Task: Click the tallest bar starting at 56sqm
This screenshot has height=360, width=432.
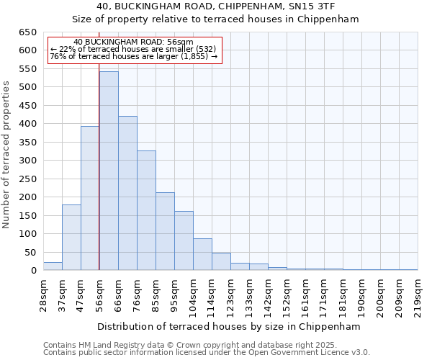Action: (x=109, y=171)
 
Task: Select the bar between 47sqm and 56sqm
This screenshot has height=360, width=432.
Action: (x=90, y=198)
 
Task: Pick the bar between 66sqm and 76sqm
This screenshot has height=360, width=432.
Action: (x=127, y=193)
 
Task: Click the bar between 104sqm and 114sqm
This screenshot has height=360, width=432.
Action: (x=202, y=254)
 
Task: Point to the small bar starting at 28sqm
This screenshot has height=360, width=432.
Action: (x=53, y=266)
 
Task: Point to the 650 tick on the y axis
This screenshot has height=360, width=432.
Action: (x=27, y=32)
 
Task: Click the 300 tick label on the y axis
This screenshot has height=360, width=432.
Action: (x=27, y=161)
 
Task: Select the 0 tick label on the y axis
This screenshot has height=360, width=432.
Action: (x=33, y=271)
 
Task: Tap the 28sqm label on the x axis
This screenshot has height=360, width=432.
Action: (x=43, y=294)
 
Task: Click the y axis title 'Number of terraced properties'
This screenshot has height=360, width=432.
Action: (x=6, y=154)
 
